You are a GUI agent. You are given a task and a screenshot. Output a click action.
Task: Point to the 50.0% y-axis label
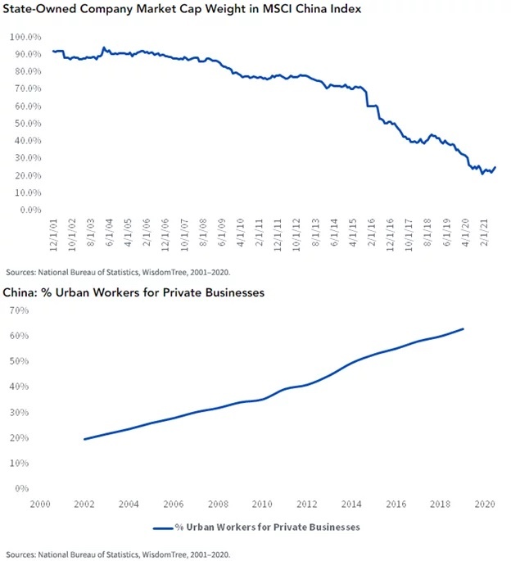[27, 124]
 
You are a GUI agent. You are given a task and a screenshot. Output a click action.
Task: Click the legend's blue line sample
[161, 527]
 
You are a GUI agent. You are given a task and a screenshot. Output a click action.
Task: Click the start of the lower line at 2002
[84, 439]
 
